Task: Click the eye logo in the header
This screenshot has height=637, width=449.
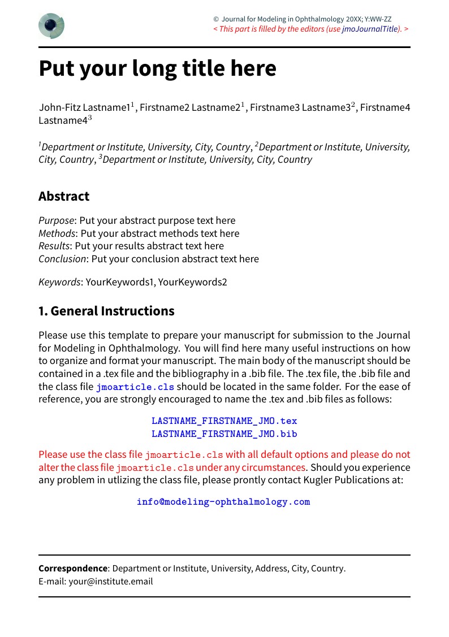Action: coord(51,26)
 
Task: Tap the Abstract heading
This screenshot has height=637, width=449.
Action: coord(64,196)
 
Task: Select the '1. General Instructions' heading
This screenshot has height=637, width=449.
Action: coord(106,311)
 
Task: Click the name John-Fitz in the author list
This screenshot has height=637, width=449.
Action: coord(59,107)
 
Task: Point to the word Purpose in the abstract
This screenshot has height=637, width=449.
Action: coord(56,220)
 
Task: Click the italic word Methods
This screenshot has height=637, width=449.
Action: coord(57,233)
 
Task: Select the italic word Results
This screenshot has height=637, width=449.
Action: coord(54,246)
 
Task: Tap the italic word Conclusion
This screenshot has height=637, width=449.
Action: coord(62,259)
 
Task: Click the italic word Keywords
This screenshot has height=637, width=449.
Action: coord(59,281)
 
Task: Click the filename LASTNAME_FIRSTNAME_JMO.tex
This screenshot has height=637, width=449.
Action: coord(224,421)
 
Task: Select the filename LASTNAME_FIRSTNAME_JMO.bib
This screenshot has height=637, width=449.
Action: coord(224,434)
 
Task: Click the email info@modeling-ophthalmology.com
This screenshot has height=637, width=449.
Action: coord(223,502)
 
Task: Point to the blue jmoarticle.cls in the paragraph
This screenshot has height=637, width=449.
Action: coord(135,387)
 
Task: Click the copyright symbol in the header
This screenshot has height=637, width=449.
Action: coord(216,19)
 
